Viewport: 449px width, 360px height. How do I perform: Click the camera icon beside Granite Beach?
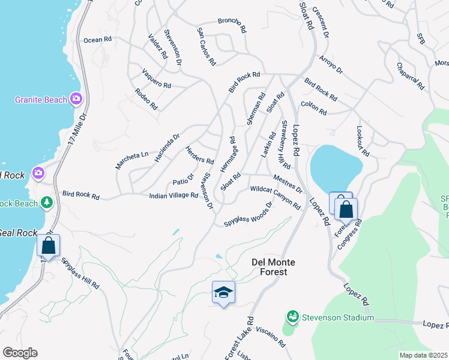pos(76,98)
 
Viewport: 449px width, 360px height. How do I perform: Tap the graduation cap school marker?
pos(223,292)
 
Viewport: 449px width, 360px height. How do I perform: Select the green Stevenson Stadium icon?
pos(293,316)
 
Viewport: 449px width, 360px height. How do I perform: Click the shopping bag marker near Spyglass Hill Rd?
pos(48,245)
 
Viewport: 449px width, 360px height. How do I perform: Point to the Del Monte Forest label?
pos(269,267)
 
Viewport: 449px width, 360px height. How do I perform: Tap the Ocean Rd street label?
pos(98,40)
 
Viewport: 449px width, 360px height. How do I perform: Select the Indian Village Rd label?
pos(173,196)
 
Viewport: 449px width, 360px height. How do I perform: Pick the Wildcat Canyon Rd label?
pos(275,196)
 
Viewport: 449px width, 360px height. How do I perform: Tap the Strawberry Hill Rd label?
pos(286,145)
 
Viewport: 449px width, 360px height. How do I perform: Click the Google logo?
pos(20,353)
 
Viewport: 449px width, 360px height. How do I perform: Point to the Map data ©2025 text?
pos(423,355)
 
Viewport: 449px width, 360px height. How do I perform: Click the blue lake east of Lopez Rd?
pos(335,164)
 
